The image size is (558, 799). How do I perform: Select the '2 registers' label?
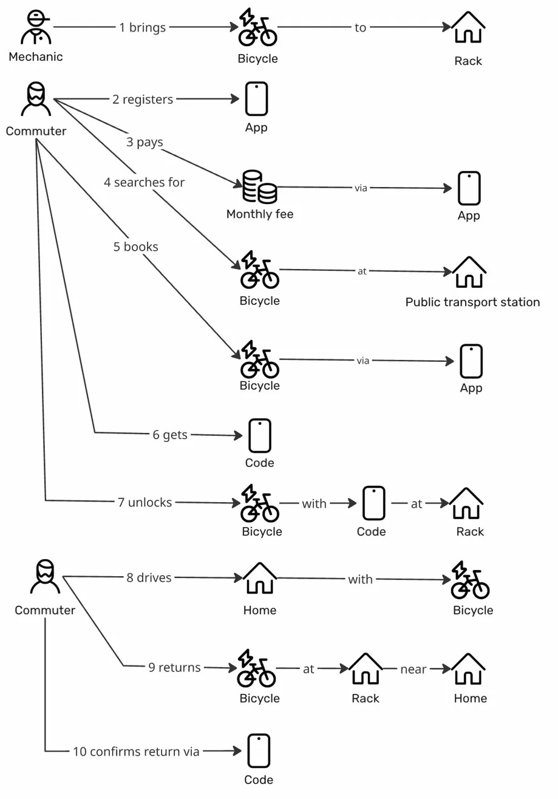pyautogui.click(x=143, y=99)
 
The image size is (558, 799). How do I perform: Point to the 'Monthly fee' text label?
pyautogui.click(x=259, y=214)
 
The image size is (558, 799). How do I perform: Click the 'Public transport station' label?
pyautogui.click(x=472, y=302)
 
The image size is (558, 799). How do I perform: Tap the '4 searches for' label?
pyautogui.click(x=144, y=182)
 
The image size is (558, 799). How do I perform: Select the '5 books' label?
pyautogui.click(x=135, y=246)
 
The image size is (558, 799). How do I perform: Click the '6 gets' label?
pyautogui.click(x=170, y=435)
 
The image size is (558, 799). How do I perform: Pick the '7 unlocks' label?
pyautogui.click(x=145, y=502)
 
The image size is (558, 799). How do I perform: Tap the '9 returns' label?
pyautogui.click(x=174, y=667)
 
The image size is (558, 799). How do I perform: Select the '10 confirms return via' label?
pyautogui.click(x=136, y=751)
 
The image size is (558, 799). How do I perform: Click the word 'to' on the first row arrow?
pyautogui.click(x=361, y=27)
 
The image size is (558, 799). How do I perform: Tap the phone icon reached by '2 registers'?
pyautogui.click(x=257, y=99)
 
